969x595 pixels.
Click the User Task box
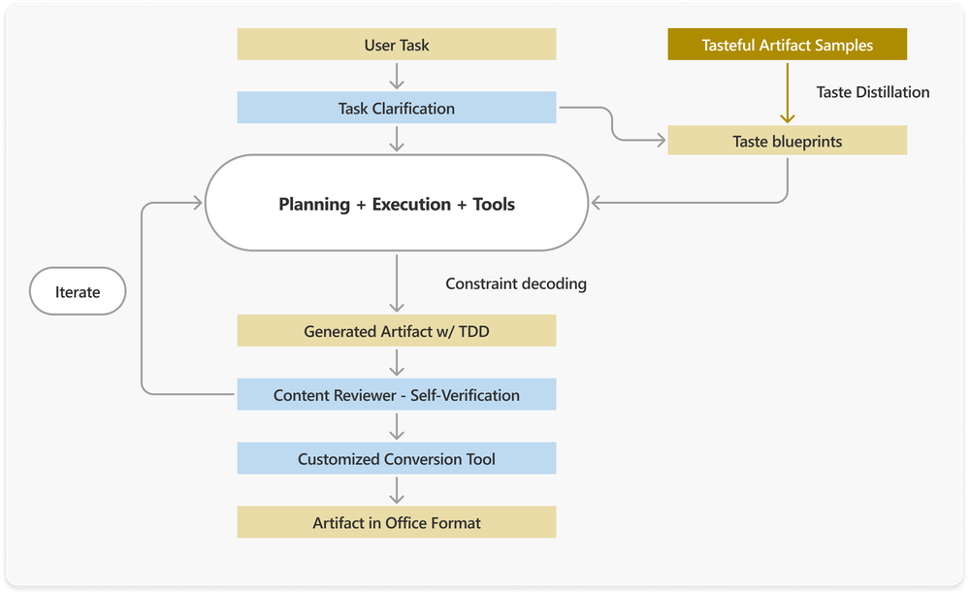coord(396,45)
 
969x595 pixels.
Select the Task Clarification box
coord(396,108)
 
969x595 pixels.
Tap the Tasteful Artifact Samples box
coord(787,45)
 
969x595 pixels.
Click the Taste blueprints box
coord(787,142)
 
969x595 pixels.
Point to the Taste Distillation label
coord(873,92)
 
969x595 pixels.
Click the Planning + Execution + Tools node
coord(396,204)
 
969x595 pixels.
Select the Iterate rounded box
coord(78,291)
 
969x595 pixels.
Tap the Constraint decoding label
coord(516,283)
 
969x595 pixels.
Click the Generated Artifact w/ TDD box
coord(396,331)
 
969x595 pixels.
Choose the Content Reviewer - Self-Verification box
coord(396,395)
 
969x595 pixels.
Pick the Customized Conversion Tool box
coord(396,458)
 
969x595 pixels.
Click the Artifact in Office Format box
coord(396,522)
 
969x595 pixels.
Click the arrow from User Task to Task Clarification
coord(396,77)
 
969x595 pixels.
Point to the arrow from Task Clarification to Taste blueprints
coord(613,124)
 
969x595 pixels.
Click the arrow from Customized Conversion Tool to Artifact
coord(396,490)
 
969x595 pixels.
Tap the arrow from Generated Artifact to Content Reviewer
coord(396,363)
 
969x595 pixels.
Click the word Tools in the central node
coord(494,204)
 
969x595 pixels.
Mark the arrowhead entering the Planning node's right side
coord(598,203)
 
